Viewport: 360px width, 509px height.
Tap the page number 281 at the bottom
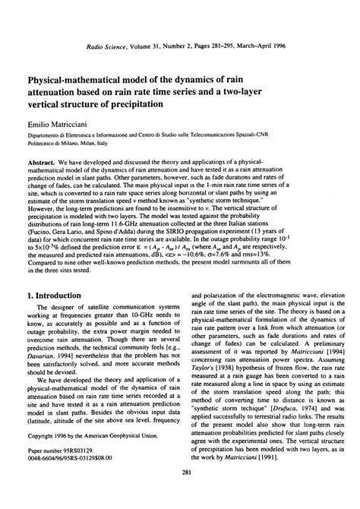[x=179, y=495]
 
